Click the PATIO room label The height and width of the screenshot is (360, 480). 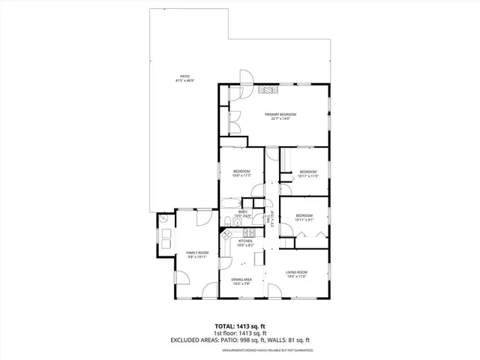tap(183, 78)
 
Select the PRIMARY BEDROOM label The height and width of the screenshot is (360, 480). tap(280, 115)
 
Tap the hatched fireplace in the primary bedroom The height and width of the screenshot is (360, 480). tap(268, 89)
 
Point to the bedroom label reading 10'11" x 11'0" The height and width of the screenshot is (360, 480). tap(309, 174)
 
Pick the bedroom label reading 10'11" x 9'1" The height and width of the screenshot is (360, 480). tap(304, 217)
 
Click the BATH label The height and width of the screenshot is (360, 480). tap(243, 214)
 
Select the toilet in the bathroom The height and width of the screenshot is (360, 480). tap(226, 220)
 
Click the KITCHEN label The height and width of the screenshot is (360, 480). tap(245, 243)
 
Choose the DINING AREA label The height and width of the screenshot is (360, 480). tap(241, 281)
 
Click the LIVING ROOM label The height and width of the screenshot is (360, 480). tap(297, 274)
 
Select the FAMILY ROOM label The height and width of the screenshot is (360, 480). tap(196, 256)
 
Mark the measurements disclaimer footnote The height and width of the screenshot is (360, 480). tap(267, 351)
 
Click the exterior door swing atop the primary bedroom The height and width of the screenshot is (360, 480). tap(246, 77)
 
